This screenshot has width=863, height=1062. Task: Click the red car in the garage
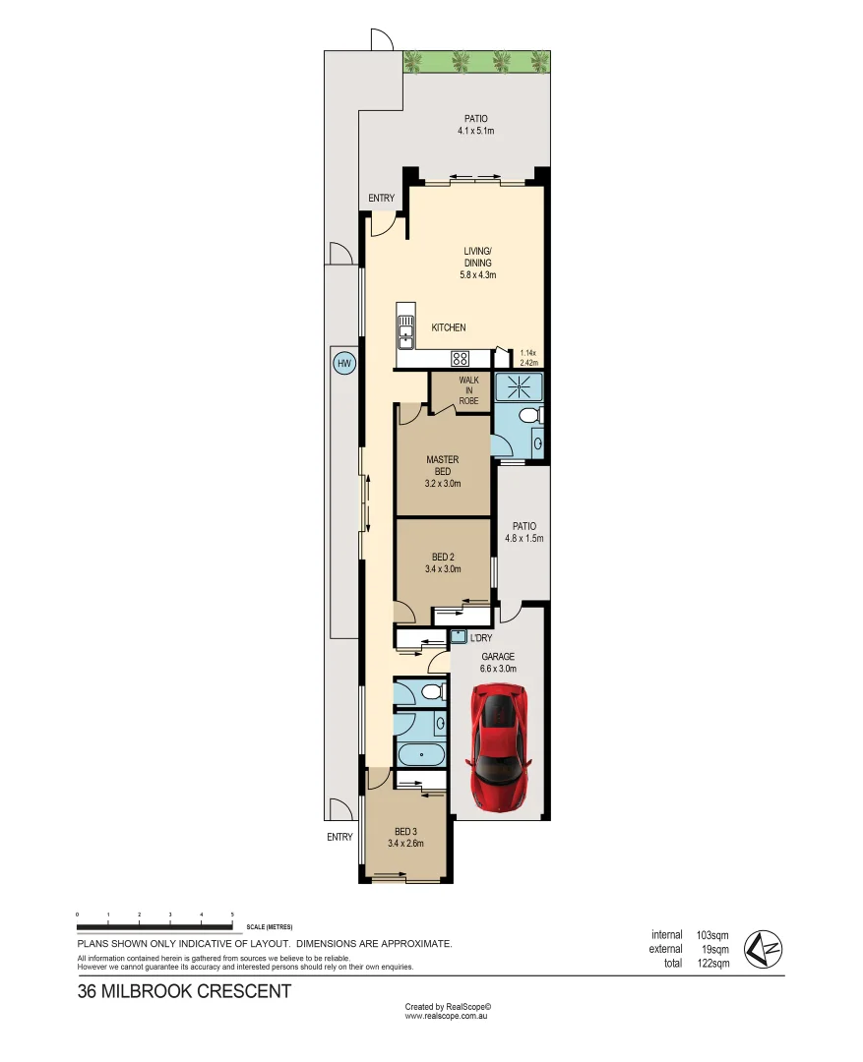pos(501,746)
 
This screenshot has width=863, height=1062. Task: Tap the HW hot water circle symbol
pos(343,364)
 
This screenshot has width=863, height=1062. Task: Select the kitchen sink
pos(404,332)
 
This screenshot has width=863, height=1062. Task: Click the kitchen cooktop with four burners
pos(459,358)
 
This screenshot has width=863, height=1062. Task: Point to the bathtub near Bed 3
pos(420,756)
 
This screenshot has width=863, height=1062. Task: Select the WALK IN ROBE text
pos(468,390)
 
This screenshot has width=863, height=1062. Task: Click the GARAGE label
pos(497,657)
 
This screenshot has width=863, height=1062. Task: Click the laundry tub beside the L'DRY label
pos(458,637)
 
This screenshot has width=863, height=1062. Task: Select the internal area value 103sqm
pos(712,934)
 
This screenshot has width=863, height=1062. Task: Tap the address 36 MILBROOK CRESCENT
pos(184,991)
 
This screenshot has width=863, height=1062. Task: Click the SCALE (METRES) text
pos(270,927)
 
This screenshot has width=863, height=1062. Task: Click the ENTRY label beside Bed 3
pos(339,837)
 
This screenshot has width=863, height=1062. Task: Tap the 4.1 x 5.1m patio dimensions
pos(475,131)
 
